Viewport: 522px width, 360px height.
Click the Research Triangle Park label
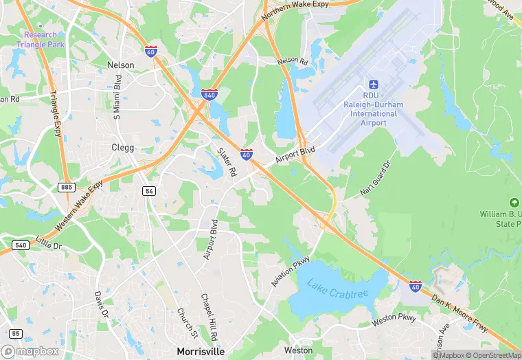[40, 39]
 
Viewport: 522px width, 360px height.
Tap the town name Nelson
[121, 65]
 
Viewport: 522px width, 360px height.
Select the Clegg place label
[123, 147]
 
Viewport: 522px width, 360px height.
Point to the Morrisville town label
[200, 351]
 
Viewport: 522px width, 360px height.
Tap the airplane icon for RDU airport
[374, 83]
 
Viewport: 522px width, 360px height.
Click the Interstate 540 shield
[209, 94]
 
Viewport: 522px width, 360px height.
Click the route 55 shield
[16, 334]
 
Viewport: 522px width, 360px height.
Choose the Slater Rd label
[227, 162]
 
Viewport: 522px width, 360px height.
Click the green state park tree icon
[514, 203]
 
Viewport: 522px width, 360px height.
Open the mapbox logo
[30, 351]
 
